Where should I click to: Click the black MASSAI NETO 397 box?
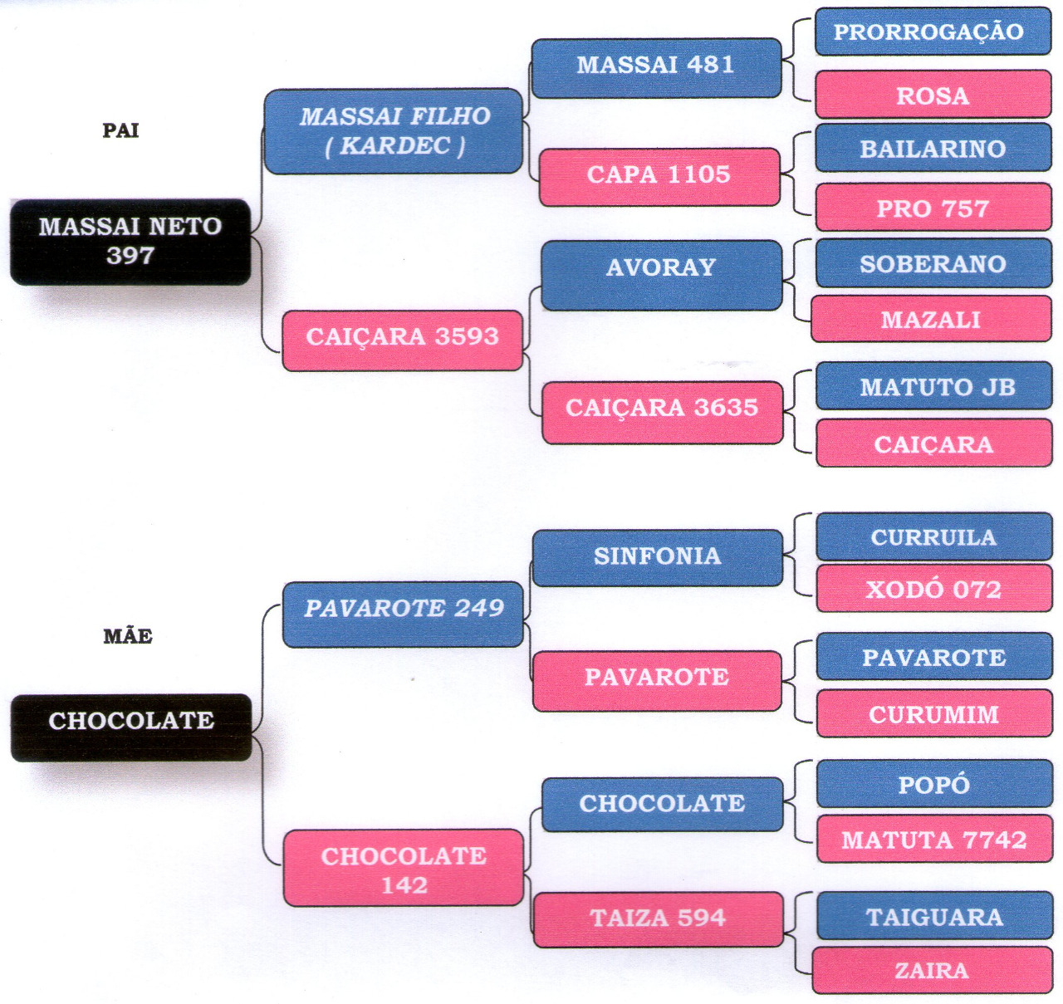[130, 241]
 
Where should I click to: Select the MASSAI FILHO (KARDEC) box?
[394, 131]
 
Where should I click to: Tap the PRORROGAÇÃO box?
[933, 32]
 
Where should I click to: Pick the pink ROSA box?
[933, 95]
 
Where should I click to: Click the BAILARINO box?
[933, 148]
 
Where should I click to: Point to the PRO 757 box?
[933, 207]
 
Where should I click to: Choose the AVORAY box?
[661, 275]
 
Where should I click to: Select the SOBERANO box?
[933, 263]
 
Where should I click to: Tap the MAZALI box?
[931, 319]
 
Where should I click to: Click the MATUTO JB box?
[934, 386]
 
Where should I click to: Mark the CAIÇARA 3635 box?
[662, 412]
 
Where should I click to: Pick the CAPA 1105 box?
[659, 176]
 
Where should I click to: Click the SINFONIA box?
[657, 557]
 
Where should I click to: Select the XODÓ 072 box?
[933, 589]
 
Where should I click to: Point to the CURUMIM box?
[933, 713]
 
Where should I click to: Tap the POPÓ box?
[933, 784]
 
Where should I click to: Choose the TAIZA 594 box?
[658, 918]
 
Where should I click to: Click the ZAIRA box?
[932, 970]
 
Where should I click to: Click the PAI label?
[120, 130]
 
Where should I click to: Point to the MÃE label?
[128, 636]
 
